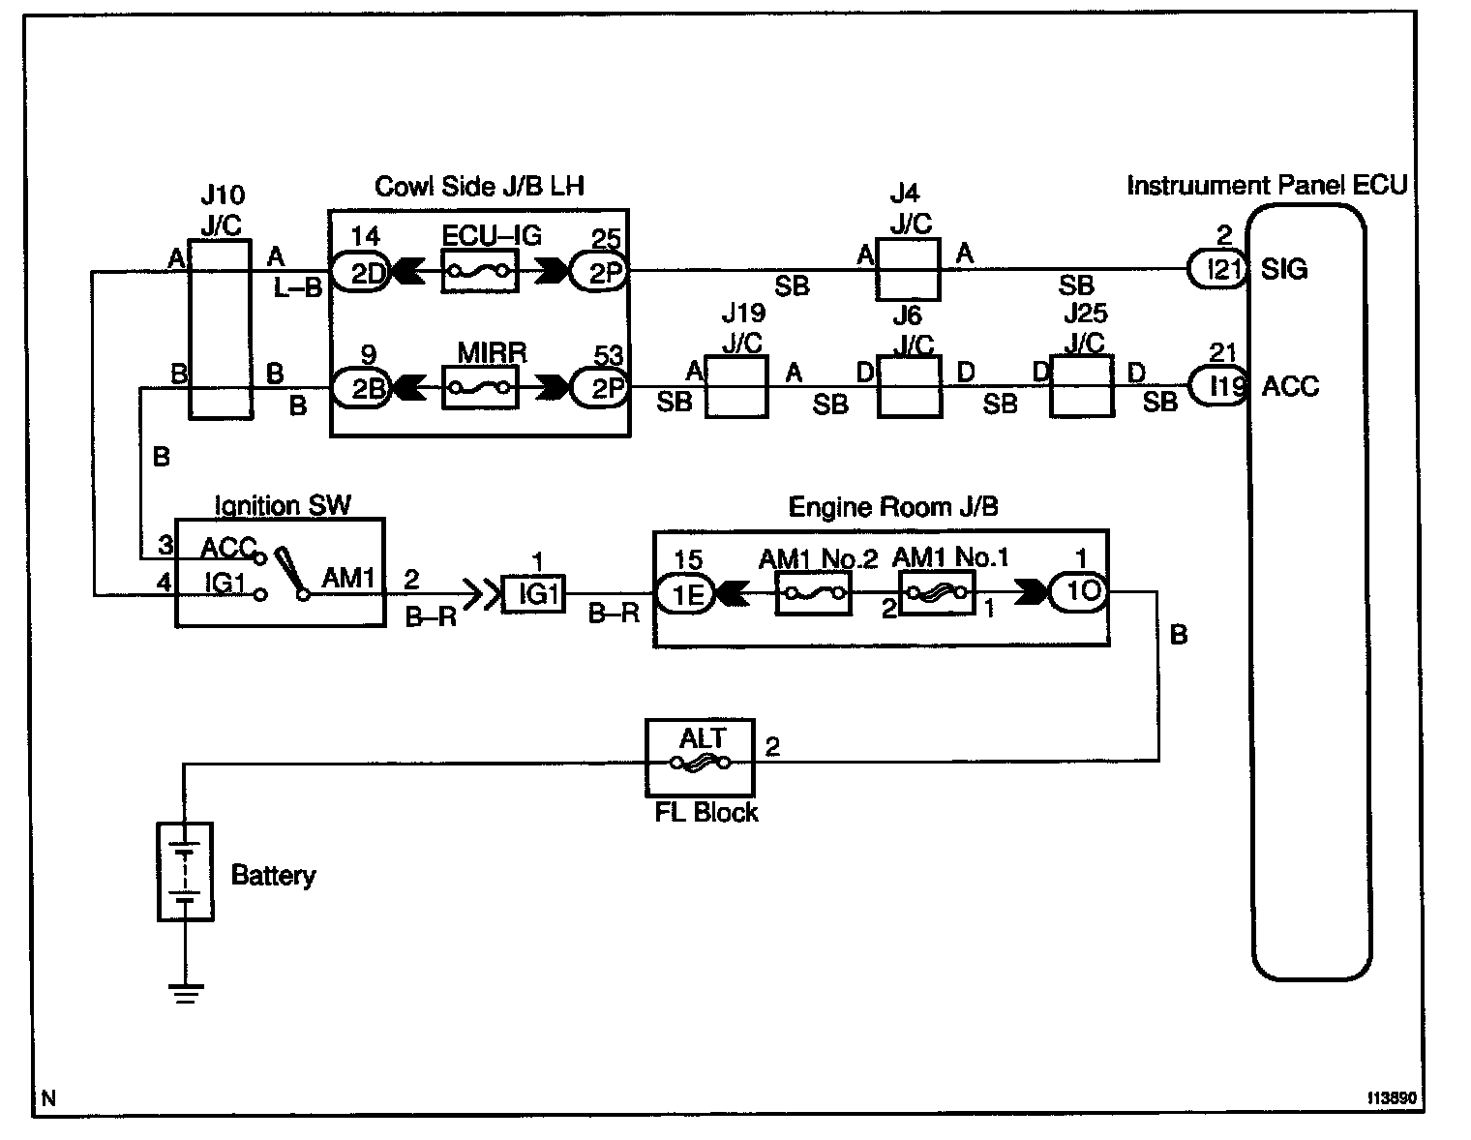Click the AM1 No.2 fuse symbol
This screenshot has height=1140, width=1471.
(x=813, y=593)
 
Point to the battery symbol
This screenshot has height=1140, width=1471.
(x=185, y=871)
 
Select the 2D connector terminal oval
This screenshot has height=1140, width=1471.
(x=360, y=272)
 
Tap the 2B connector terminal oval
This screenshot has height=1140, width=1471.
(x=360, y=388)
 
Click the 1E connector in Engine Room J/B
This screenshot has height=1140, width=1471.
(x=684, y=593)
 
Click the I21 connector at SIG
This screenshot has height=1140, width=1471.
(x=1217, y=271)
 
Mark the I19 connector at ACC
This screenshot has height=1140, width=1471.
(x=1217, y=387)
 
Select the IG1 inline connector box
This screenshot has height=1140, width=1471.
(x=533, y=593)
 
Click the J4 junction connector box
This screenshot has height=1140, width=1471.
(x=908, y=270)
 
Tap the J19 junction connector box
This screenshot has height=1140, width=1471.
(x=735, y=387)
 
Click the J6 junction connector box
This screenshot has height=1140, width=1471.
(x=909, y=387)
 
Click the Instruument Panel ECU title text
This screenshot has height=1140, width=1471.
(x=1266, y=185)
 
